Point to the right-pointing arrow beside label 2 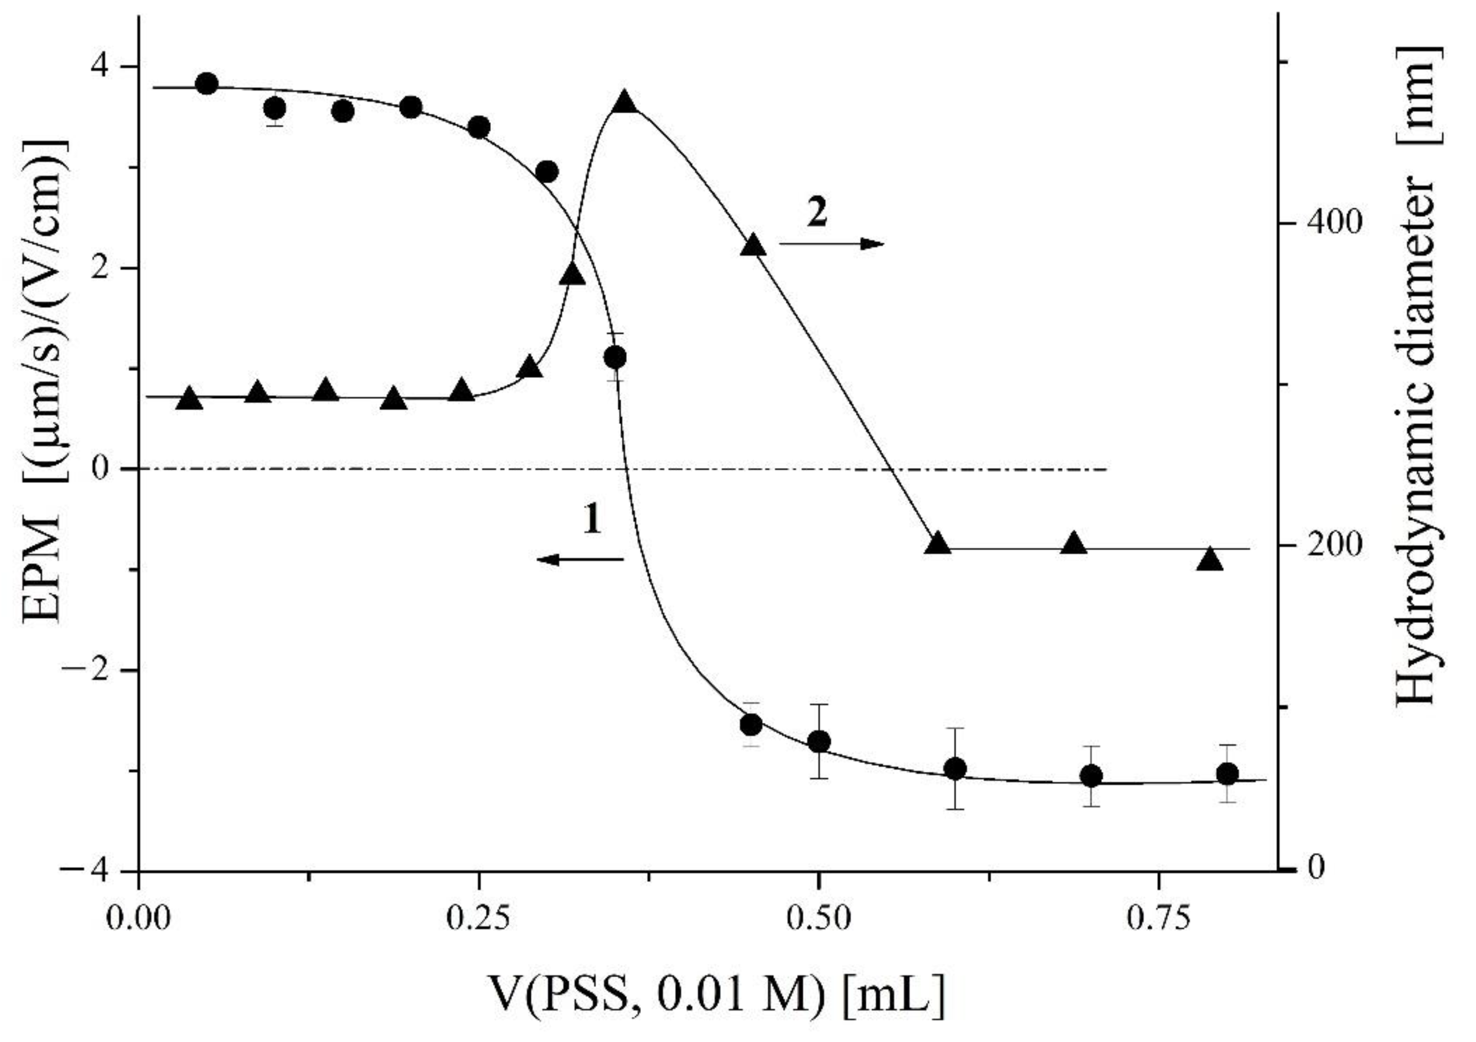coord(832,244)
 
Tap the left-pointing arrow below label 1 coord(580,560)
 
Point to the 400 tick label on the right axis coord(1331,223)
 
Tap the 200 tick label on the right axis coord(1331,545)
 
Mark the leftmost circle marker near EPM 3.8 coord(207,83)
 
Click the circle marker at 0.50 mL coord(818,742)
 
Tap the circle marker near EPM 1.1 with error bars coord(615,357)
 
